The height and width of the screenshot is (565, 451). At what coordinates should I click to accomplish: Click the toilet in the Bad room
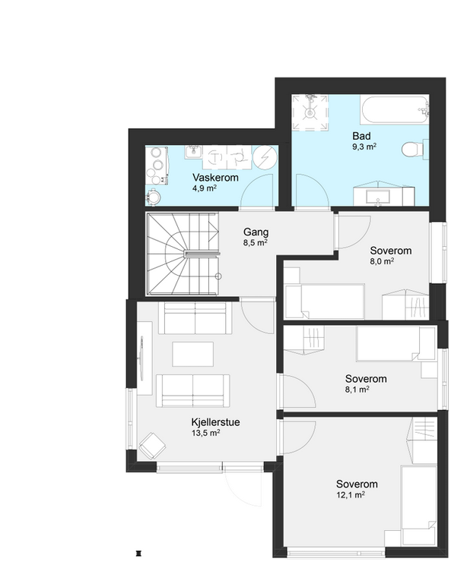pos(412,149)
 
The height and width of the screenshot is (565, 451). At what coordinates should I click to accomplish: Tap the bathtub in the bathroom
pos(395,109)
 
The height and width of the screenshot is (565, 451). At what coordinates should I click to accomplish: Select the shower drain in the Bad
pos(310,113)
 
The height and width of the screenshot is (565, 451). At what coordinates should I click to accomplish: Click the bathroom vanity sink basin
pos(378,197)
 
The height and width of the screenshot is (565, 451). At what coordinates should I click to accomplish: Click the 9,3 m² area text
pos(364,147)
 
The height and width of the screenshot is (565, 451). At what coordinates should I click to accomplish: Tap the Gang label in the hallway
pos(256,232)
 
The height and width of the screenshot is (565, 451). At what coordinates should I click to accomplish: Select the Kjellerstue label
pos(215,422)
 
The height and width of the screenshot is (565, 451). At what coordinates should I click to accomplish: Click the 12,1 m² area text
pos(351,495)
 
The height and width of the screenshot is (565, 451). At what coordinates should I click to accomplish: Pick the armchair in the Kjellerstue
pos(153,445)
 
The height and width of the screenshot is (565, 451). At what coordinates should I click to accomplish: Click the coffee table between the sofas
pos(192,354)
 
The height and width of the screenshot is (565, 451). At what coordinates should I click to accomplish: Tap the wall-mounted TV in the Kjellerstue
pos(141,358)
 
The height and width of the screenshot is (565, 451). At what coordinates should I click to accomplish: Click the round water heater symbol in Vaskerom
pos(265,158)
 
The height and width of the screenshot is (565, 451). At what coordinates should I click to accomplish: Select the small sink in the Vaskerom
pos(193,152)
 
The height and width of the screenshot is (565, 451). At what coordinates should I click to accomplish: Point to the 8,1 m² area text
pos(357,390)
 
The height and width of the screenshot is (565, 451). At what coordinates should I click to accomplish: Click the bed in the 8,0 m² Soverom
pos(325,301)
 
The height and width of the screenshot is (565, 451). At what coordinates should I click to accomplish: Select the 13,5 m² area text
pos(205,433)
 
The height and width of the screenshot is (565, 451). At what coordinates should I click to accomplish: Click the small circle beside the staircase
pos(218,276)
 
